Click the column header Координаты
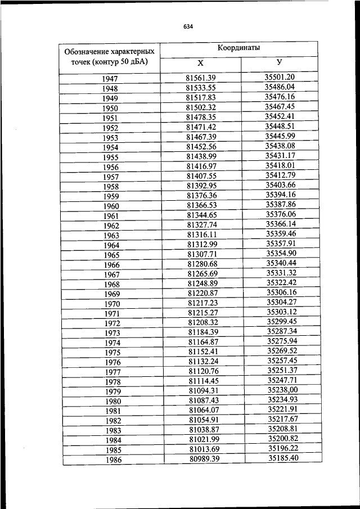pyautogui.click(x=242, y=48)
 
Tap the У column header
pyautogui.click(x=280, y=62)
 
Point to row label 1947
pyautogui.click(x=110, y=79)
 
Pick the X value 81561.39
pyautogui.click(x=201, y=78)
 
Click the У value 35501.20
pyautogui.click(x=280, y=77)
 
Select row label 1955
pyautogui.click(x=110, y=157)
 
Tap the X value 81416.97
pyautogui.click(x=201, y=166)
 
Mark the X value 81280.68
pyautogui.click(x=202, y=264)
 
